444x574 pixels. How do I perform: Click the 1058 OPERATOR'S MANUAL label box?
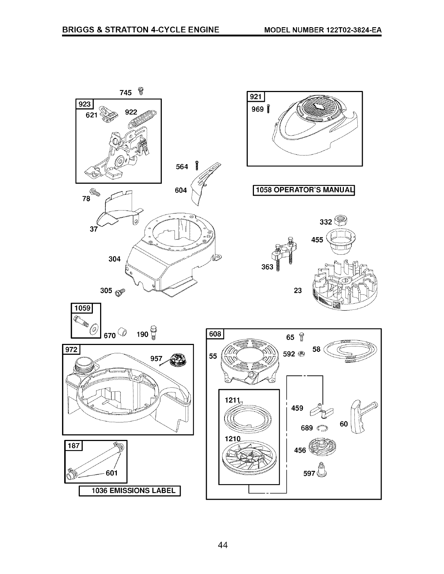(x=303, y=190)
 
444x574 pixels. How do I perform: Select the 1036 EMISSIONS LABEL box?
(x=129, y=491)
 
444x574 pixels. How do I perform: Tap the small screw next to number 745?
(x=140, y=91)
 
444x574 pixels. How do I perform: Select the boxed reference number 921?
(x=256, y=97)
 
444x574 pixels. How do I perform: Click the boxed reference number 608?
(x=215, y=333)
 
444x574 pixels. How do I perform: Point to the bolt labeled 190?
(x=153, y=333)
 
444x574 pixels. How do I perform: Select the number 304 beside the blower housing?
(x=114, y=259)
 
